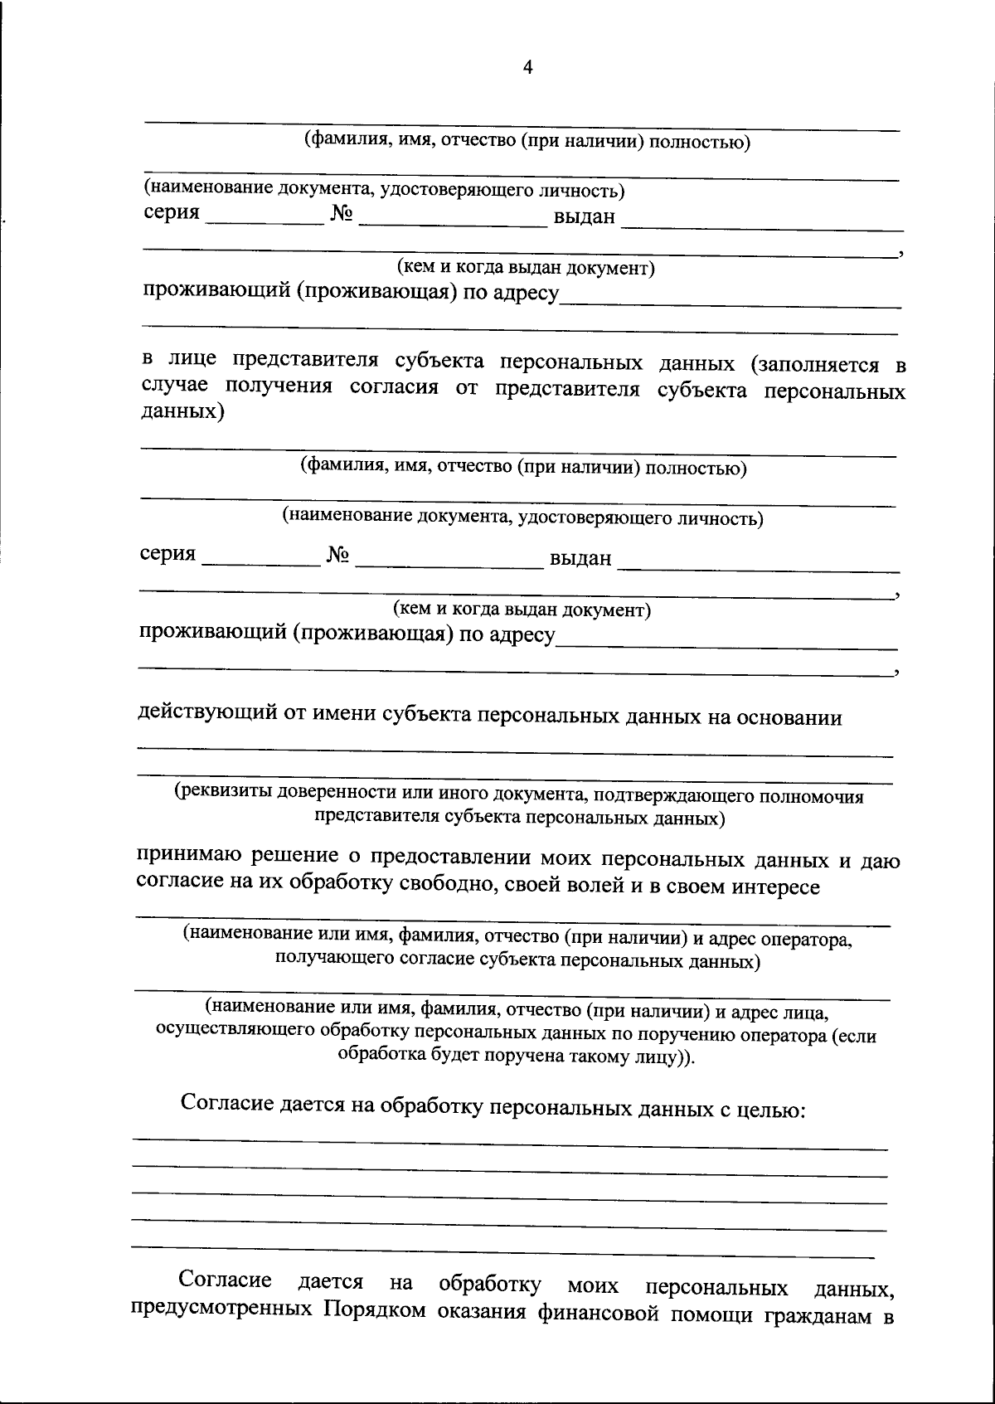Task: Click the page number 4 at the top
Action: click(x=527, y=68)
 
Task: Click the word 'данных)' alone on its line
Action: click(x=182, y=412)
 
